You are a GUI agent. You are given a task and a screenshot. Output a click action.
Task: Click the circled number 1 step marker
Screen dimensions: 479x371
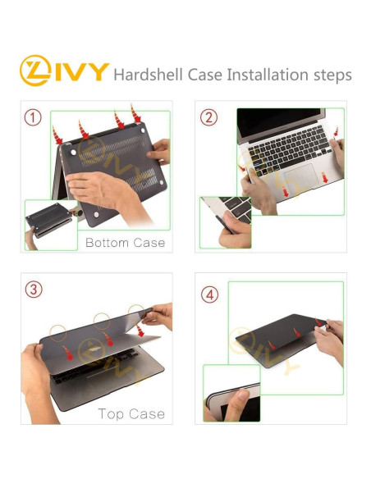33,117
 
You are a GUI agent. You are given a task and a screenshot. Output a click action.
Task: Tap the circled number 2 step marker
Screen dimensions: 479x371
210,117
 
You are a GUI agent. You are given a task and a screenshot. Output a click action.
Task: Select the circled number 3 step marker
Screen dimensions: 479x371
33,290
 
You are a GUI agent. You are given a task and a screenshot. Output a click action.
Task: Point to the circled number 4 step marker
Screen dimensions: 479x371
210,294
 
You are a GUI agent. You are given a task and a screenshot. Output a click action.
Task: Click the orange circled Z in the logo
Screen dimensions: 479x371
36,71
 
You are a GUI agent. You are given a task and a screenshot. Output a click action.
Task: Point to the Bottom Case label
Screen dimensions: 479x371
125,242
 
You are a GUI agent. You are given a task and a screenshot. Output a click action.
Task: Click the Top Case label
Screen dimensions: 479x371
131,413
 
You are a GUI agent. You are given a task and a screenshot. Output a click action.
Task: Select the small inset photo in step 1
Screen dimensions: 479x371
50,223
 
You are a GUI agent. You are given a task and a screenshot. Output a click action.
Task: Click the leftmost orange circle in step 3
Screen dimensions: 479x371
58,333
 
